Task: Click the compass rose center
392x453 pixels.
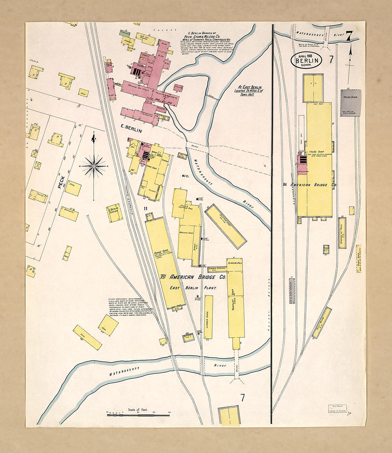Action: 94,166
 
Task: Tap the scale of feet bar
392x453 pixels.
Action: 138,415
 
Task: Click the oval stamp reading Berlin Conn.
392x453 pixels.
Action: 307,60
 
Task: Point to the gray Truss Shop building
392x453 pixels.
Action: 351,102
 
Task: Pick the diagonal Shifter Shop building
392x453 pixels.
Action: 226,226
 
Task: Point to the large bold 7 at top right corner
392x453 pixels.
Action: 349,36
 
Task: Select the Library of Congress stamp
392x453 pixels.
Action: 337,409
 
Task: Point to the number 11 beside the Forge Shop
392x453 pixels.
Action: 145,208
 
